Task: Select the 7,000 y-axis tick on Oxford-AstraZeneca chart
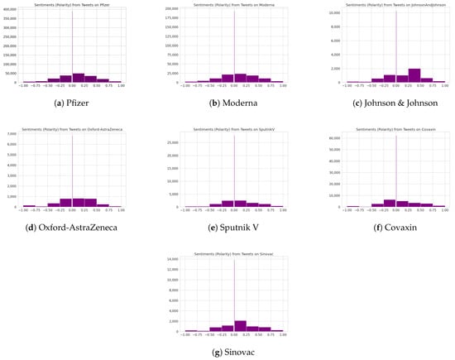(13, 133)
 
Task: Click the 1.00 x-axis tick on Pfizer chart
(121, 85)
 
